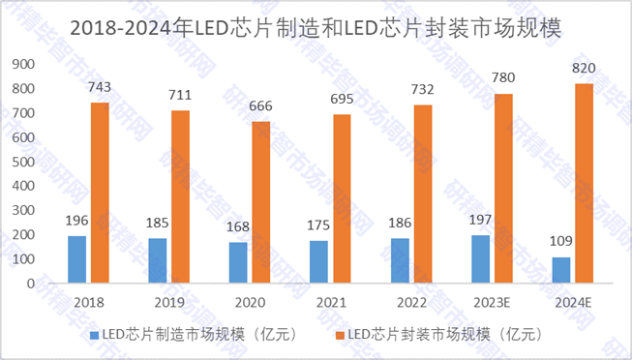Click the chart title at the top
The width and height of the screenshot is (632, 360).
click(316, 29)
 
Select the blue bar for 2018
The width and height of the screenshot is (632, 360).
click(76, 259)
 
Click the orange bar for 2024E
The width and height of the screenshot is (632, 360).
click(583, 183)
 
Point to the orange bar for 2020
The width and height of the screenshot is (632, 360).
click(262, 202)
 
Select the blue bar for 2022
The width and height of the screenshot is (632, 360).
click(400, 260)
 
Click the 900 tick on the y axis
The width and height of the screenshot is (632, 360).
click(22, 64)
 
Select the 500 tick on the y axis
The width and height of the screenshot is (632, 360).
click(22, 162)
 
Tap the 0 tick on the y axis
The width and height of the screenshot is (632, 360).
click(30, 284)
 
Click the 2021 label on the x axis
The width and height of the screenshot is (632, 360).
click(331, 302)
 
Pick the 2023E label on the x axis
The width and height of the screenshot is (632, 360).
click(492, 302)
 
